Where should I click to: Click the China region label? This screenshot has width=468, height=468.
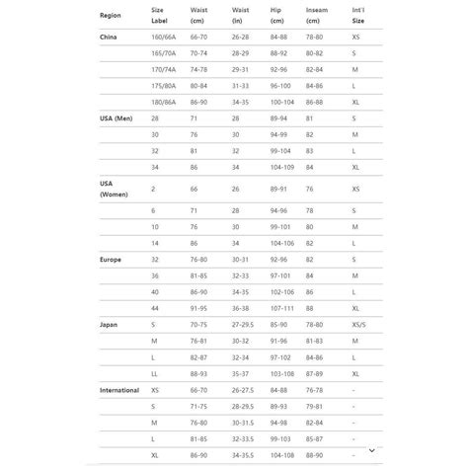(110, 37)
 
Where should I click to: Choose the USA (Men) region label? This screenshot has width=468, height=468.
(117, 117)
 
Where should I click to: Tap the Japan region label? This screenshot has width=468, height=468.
(110, 323)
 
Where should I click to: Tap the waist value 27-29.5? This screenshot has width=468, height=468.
(243, 323)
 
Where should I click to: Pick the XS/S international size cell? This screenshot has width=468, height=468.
(358, 323)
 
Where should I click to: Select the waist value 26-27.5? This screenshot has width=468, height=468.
(243, 390)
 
